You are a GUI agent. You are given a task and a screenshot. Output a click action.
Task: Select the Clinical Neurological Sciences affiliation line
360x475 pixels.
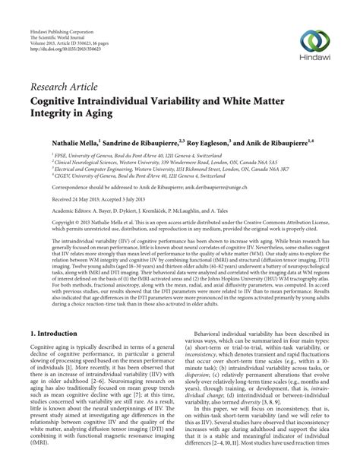(148, 163)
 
